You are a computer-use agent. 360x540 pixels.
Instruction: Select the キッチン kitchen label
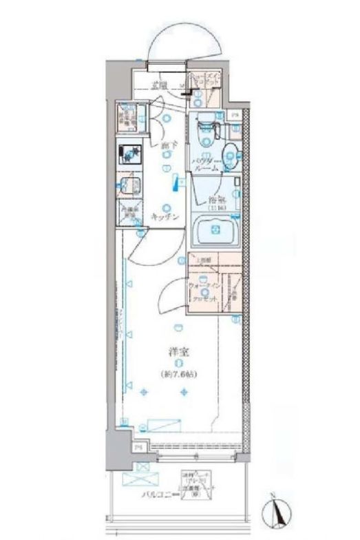(x=166, y=217)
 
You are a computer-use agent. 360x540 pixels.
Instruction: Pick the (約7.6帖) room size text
(x=178, y=374)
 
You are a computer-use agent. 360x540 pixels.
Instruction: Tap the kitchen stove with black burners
(x=129, y=152)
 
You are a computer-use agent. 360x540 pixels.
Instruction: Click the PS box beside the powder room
(x=235, y=116)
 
